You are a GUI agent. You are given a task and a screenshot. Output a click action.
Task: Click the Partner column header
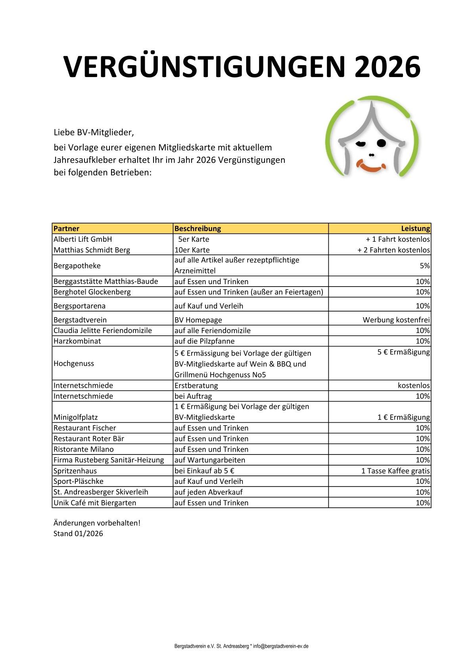tap(66, 229)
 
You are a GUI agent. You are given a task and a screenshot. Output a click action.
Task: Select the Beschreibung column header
tap(198, 229)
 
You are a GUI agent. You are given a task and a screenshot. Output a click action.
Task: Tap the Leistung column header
tap(415, 229)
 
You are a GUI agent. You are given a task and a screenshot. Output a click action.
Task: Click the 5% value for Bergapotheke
tap(424, 266)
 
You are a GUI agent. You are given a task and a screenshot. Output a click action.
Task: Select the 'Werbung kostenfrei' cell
tap(396, 320)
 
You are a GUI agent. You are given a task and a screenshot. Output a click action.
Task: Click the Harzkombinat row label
tap(77, 341)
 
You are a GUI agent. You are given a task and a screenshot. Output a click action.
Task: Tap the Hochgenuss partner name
tap(74, 364)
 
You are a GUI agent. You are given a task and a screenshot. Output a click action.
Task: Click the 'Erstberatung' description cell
tap(196, 385)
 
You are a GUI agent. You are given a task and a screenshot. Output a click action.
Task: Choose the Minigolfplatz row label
tap(75, 418)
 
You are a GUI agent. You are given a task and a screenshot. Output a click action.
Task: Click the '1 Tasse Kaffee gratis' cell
tap(395, 471)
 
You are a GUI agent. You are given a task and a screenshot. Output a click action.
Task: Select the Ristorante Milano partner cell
tap(83, 449)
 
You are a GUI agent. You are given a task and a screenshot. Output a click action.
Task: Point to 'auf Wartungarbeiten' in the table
tap(209, 460)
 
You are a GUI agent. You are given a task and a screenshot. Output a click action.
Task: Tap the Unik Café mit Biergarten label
tap(94, 503)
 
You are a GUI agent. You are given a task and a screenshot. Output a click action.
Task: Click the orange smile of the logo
tap(371, 166)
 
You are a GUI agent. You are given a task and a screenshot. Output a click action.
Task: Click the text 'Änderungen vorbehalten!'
tap(97, 523)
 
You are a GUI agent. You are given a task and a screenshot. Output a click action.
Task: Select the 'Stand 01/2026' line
tap(78, 534)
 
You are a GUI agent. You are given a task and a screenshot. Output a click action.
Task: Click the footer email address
tap(281, 646)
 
